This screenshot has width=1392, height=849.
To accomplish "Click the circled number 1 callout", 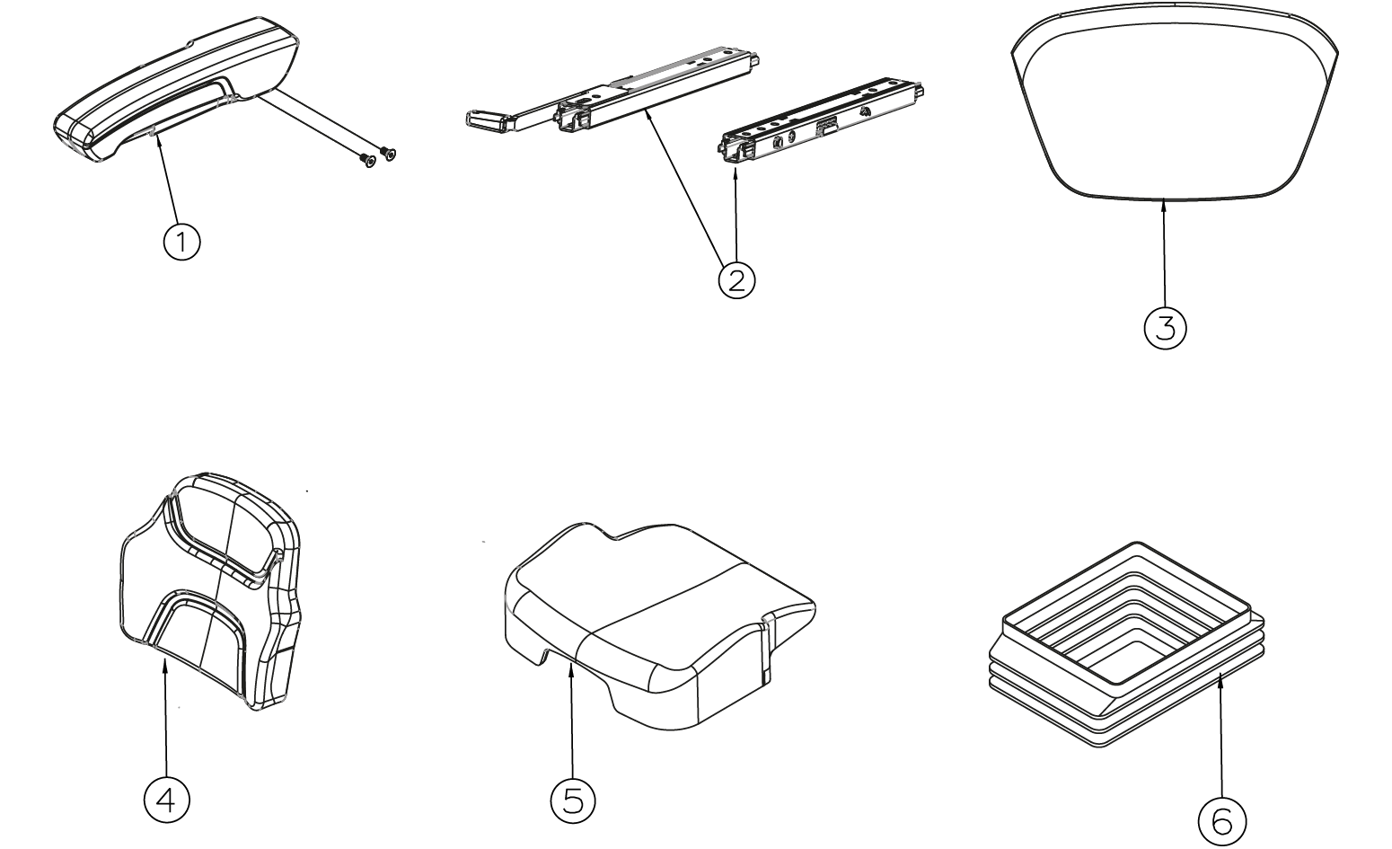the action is pyautogui.click(x=181, y=242).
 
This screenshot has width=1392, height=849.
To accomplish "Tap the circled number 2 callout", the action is pyautogui.click(x=736, y=281).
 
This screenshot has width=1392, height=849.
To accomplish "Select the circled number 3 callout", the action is pyautogui.click(x=1165, y=328).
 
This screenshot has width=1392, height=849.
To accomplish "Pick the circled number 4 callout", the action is pyautogui.click(x=166, y=801).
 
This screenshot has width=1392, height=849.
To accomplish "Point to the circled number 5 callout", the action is pyautogui.click(x=572, y=801).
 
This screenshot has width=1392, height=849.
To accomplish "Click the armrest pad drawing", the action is pyautogui.click(x=176, y=88).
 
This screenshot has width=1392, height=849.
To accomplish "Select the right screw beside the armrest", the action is pyautogui.click(x=388, y=152).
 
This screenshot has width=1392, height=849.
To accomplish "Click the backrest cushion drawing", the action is pyautogui.click(x=211, y=590).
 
